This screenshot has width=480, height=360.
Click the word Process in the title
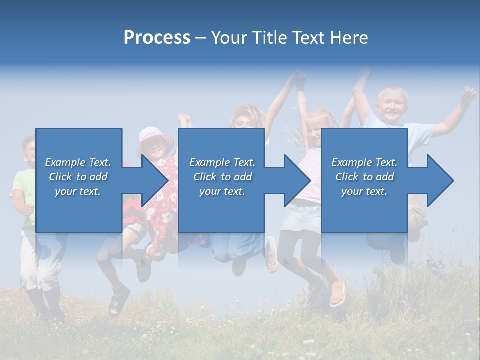pos(157,38)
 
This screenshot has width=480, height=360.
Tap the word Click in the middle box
pos(204,177)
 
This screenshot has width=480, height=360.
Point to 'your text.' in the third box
pos(364,191)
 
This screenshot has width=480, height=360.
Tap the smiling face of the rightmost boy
pos(392,105)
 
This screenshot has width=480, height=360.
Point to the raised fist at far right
pos(468,94)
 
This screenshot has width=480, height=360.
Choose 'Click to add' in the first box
pos(78,177)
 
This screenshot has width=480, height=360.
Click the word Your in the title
pos(229,38)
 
